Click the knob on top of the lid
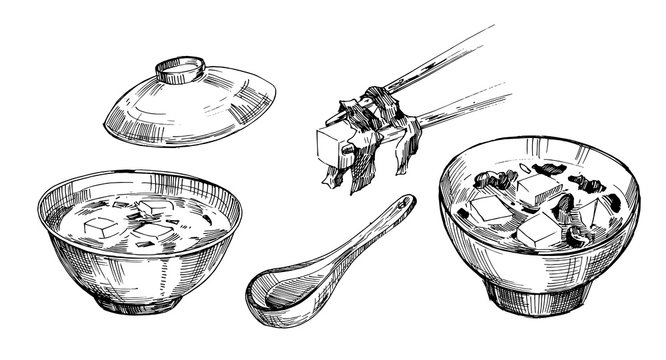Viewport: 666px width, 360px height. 181,70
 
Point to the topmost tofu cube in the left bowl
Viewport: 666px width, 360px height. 153,207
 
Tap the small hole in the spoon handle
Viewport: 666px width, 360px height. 403,206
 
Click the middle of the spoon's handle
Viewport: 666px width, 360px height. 360,240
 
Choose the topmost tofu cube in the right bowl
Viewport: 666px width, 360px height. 540,187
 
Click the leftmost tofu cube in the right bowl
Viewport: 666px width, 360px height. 490,209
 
